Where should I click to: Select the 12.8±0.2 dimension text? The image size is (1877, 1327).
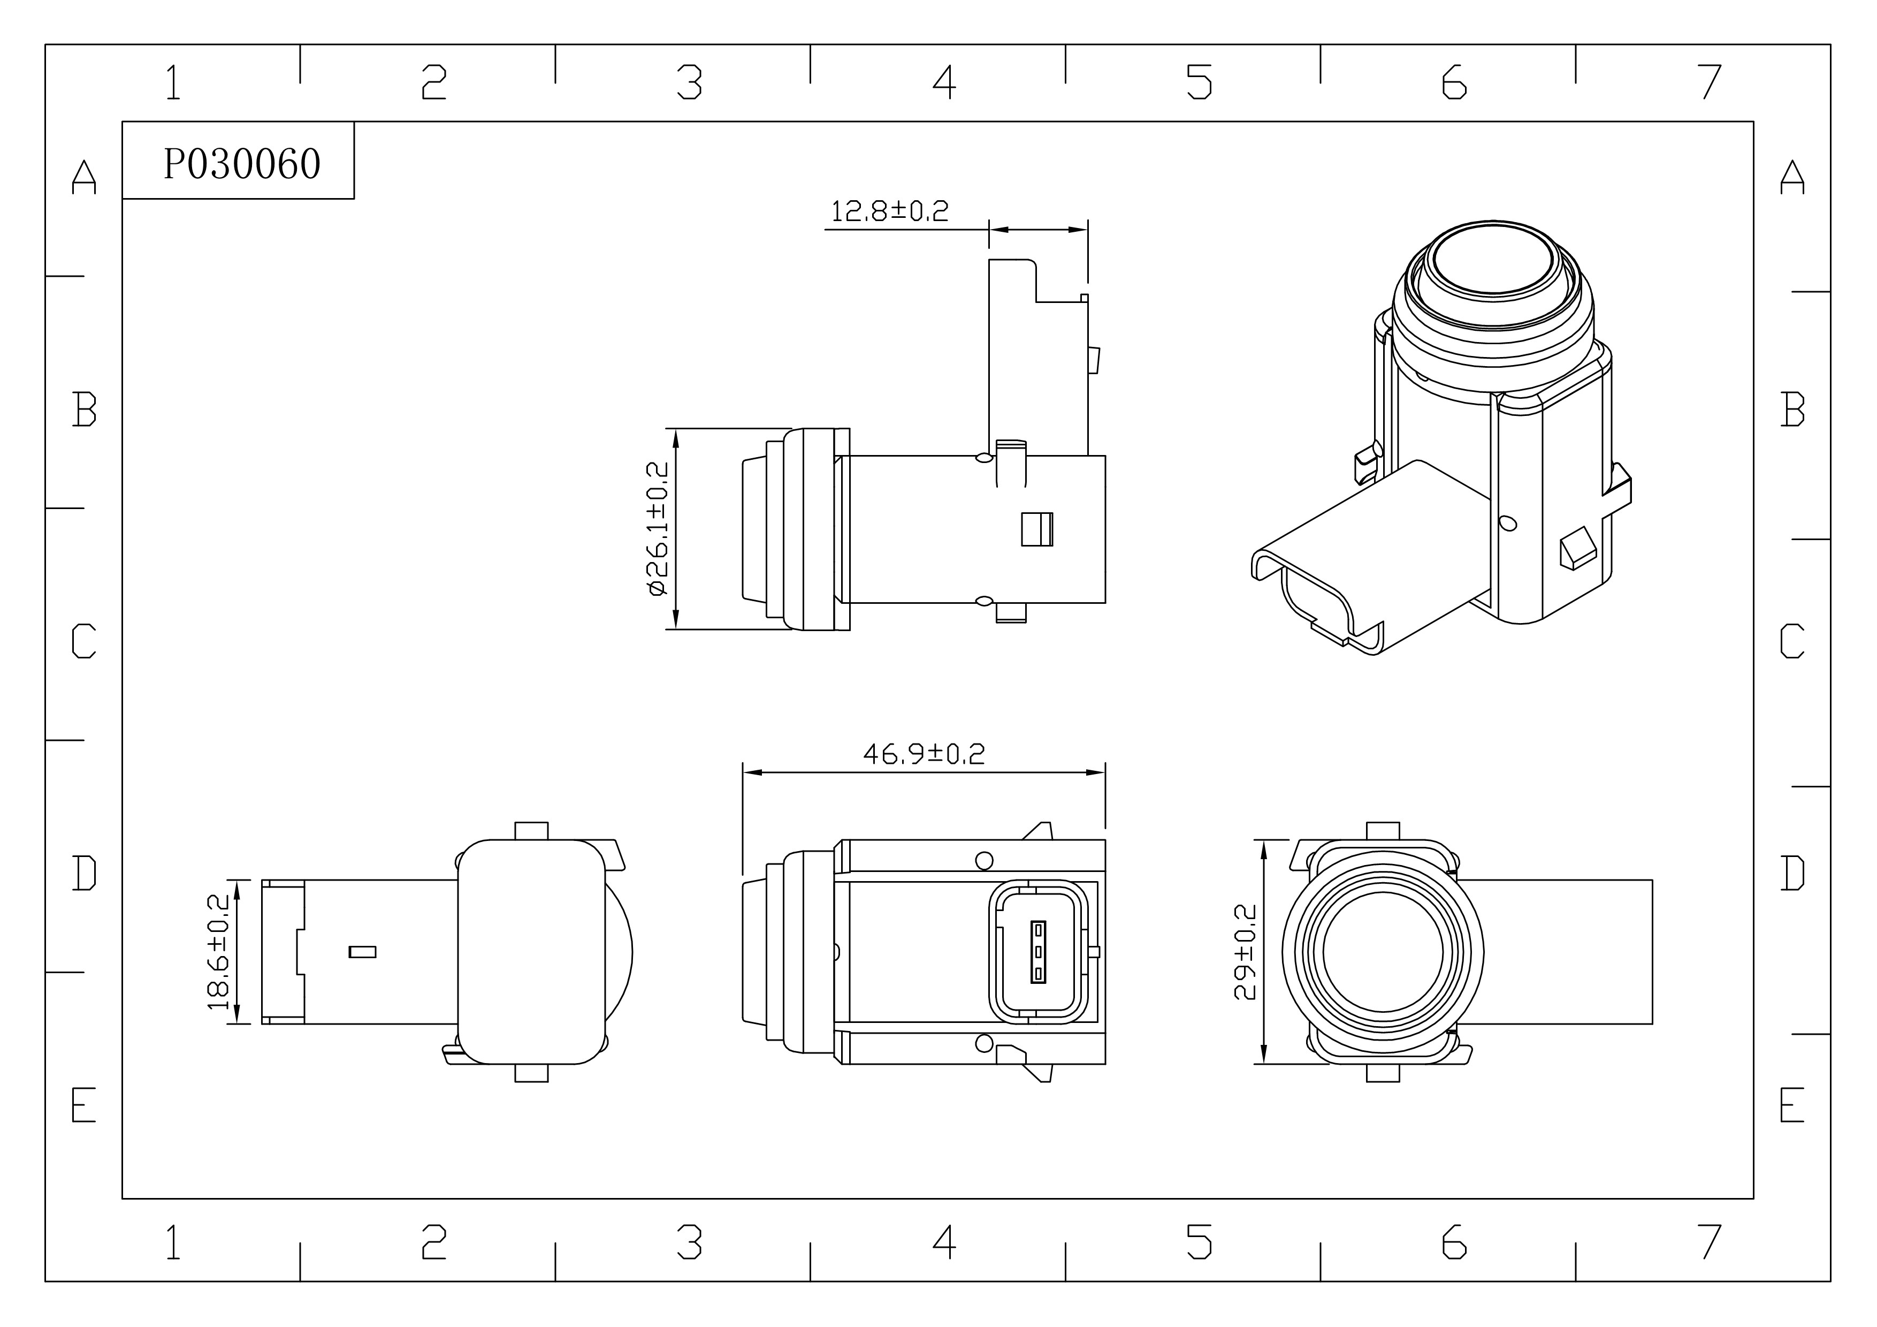click(x=889, y=212)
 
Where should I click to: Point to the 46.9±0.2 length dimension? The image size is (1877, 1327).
click(x=924, y=753)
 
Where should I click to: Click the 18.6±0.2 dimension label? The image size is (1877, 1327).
click(x=218, y=952)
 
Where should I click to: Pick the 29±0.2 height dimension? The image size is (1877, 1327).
click(x=1243, y=952)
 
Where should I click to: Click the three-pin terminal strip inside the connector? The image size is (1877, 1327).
click(x=1038, y=952)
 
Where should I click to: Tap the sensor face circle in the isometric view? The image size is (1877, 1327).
click(x=1493, y=259)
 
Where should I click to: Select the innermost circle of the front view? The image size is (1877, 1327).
click(x=1383, y=952)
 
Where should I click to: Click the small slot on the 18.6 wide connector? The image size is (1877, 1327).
click(x=362, y=952)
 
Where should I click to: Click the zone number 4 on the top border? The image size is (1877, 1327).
click(x=944, y=82)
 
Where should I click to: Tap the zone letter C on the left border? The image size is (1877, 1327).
click(x=84, y=641)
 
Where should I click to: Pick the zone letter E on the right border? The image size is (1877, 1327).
click(x=1792, y=1106)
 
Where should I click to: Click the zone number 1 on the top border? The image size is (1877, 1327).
click(x=172, y=82)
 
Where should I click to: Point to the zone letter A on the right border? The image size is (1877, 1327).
click(x=1792, y=177)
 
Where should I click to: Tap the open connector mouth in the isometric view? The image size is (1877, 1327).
click(x=1316, y=601)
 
